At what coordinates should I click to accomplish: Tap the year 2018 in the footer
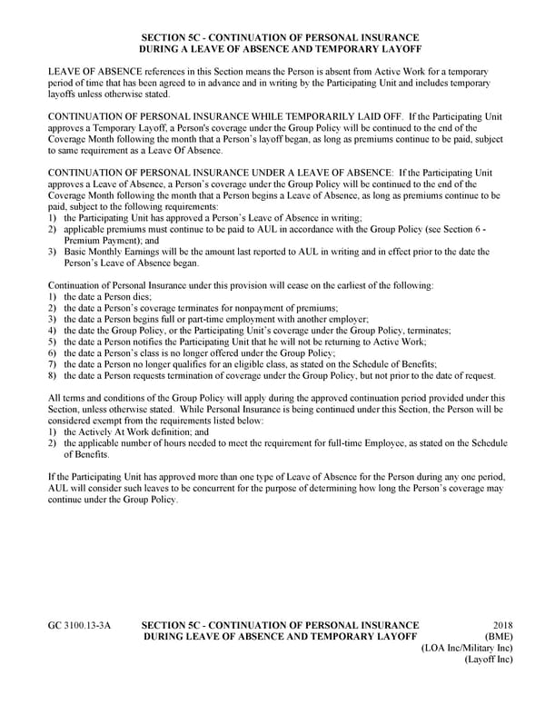(502, 626)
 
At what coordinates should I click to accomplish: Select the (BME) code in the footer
(498, 637)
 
